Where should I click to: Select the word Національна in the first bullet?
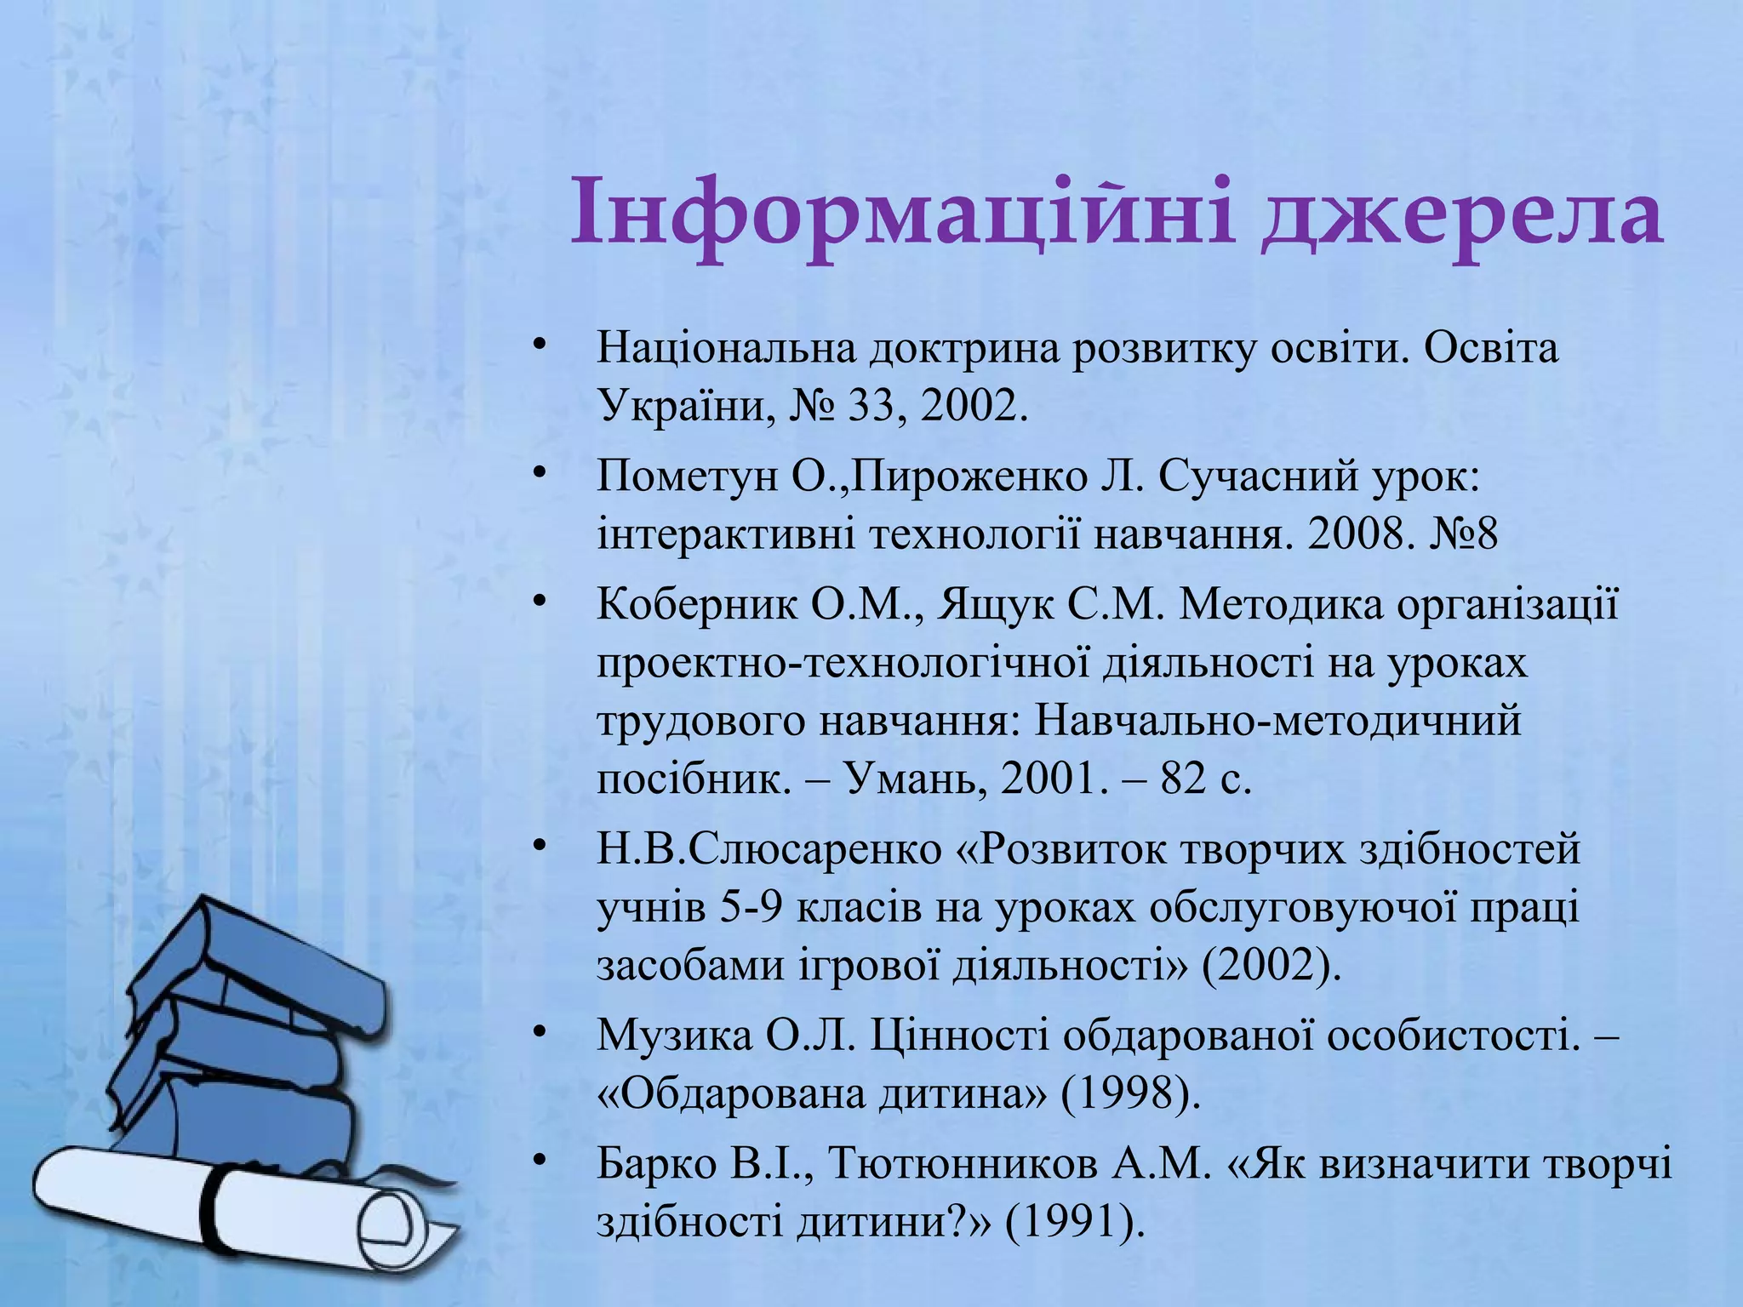(x=726, y=349)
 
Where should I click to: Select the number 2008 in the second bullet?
(x=1356, y=534)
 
